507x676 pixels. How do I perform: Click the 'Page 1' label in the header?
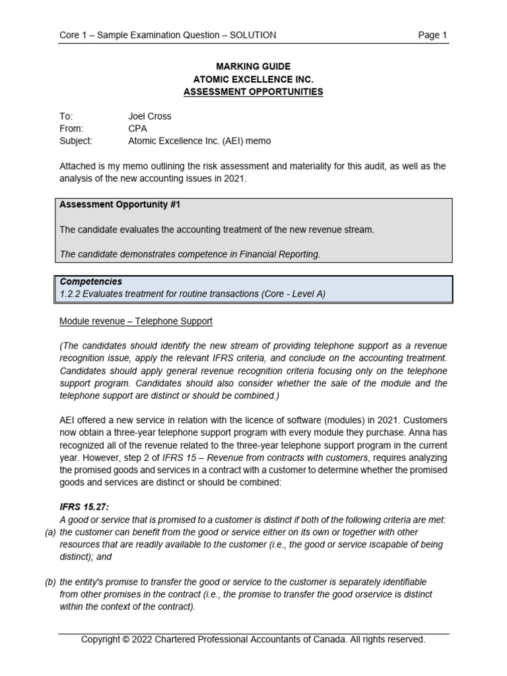(432, 35)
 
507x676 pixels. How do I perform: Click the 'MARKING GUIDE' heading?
(253, 67)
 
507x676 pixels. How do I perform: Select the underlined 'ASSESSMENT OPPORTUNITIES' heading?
(253, 92)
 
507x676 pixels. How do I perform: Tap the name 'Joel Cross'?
(149, 116)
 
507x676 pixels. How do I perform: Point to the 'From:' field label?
(71, 129)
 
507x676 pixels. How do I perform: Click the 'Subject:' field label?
(76, 141)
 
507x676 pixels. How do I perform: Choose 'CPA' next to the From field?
(137, 129)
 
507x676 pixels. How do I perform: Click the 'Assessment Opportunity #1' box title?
(119, 205)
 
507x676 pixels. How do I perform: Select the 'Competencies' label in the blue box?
(91, 282)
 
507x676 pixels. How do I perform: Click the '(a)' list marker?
(50, 532)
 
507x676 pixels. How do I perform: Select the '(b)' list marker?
(50, 582)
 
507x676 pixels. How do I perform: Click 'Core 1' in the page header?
(74, 35)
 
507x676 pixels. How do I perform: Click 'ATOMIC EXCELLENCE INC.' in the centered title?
(253, 79)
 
